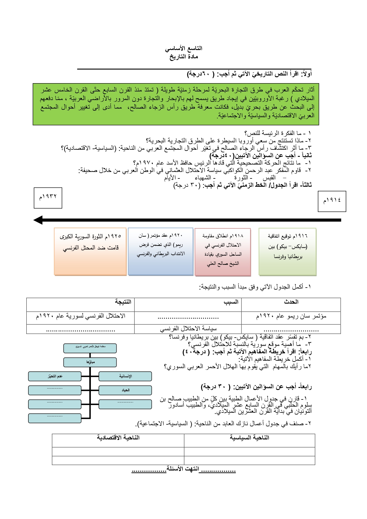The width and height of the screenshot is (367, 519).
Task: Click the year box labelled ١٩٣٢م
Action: (x=48, y=198)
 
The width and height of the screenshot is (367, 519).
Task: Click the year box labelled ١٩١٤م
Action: (x=332, y=201)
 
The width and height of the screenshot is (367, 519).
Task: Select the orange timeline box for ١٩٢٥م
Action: (x=90, y=252)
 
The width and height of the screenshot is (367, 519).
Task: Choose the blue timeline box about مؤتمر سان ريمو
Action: (x=161, y=252)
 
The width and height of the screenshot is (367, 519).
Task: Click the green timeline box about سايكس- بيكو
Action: (x=287, y=252)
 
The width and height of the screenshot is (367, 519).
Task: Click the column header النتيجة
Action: (x=123, y=302)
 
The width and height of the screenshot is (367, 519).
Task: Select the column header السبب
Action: (x=231, y=302)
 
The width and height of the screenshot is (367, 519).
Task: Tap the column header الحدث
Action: (x=291, y=302)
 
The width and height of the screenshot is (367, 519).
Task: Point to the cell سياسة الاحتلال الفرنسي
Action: (x=188, y=328)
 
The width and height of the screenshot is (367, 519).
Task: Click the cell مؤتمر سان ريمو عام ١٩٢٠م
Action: (x=291, y=316)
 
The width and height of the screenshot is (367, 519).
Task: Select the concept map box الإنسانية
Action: (x=125, y=376)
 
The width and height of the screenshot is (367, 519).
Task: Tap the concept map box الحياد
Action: (x=125, y=390)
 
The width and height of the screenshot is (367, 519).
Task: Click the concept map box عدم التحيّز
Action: (x=55, y=376)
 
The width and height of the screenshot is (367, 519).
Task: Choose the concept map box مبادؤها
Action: (x=90, y=362)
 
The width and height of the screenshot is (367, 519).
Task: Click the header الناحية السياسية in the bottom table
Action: (x=250, y=438)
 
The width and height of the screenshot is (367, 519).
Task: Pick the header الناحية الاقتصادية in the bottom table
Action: (x=118, y=438)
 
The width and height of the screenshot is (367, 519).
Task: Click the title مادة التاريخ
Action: (x=183, y=57)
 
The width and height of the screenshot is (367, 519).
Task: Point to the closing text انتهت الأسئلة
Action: (x=183, y=469)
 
